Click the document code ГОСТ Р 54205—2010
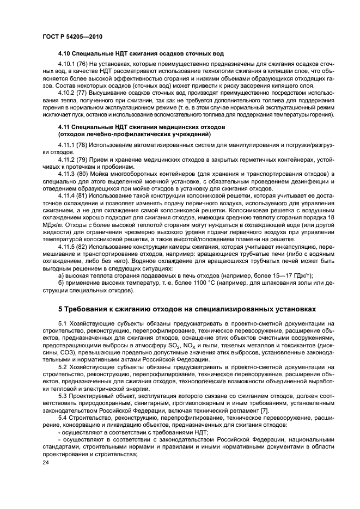[x=72, y=36]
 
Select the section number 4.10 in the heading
[x=65, y=55]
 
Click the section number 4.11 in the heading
[x=65, y=126]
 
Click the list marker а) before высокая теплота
[x=61, y=275]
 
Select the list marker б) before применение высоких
[x=61, y=283]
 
